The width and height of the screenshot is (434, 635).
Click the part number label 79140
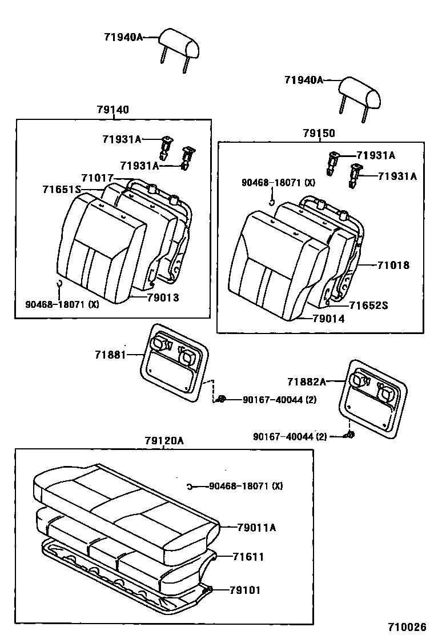pyautogui.click(x=112, y=110)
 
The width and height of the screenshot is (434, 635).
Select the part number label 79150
pyautogui.click(x=319, y=133)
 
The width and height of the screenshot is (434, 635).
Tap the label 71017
pyautogui.click(x=97, y=178)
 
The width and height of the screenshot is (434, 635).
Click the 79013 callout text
pyautogui.click(x=163, y=297)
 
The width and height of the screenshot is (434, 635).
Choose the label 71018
pyautogui.click(x=393, y=266)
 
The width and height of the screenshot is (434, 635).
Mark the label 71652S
pyautogui.click(x=368, y=306)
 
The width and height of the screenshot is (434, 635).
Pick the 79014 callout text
pyautogui.click(x=329, y=319)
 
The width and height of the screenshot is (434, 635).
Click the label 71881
pyautogui.click(x=110, y=355)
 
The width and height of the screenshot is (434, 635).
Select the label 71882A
pyautogui.click(x=307, y=381)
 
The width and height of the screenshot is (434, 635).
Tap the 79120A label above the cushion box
pyautogui.click(x=164, y=440)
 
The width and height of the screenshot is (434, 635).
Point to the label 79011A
pyautogui.click(x=256, y=528)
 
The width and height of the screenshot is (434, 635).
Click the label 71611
pyautogui.click(x=248, y=556)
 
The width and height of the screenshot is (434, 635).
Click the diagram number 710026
pyautogui.click(x=408, y=626)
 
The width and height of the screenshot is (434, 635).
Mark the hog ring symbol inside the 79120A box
pyautogui.click(x=189, y=487)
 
